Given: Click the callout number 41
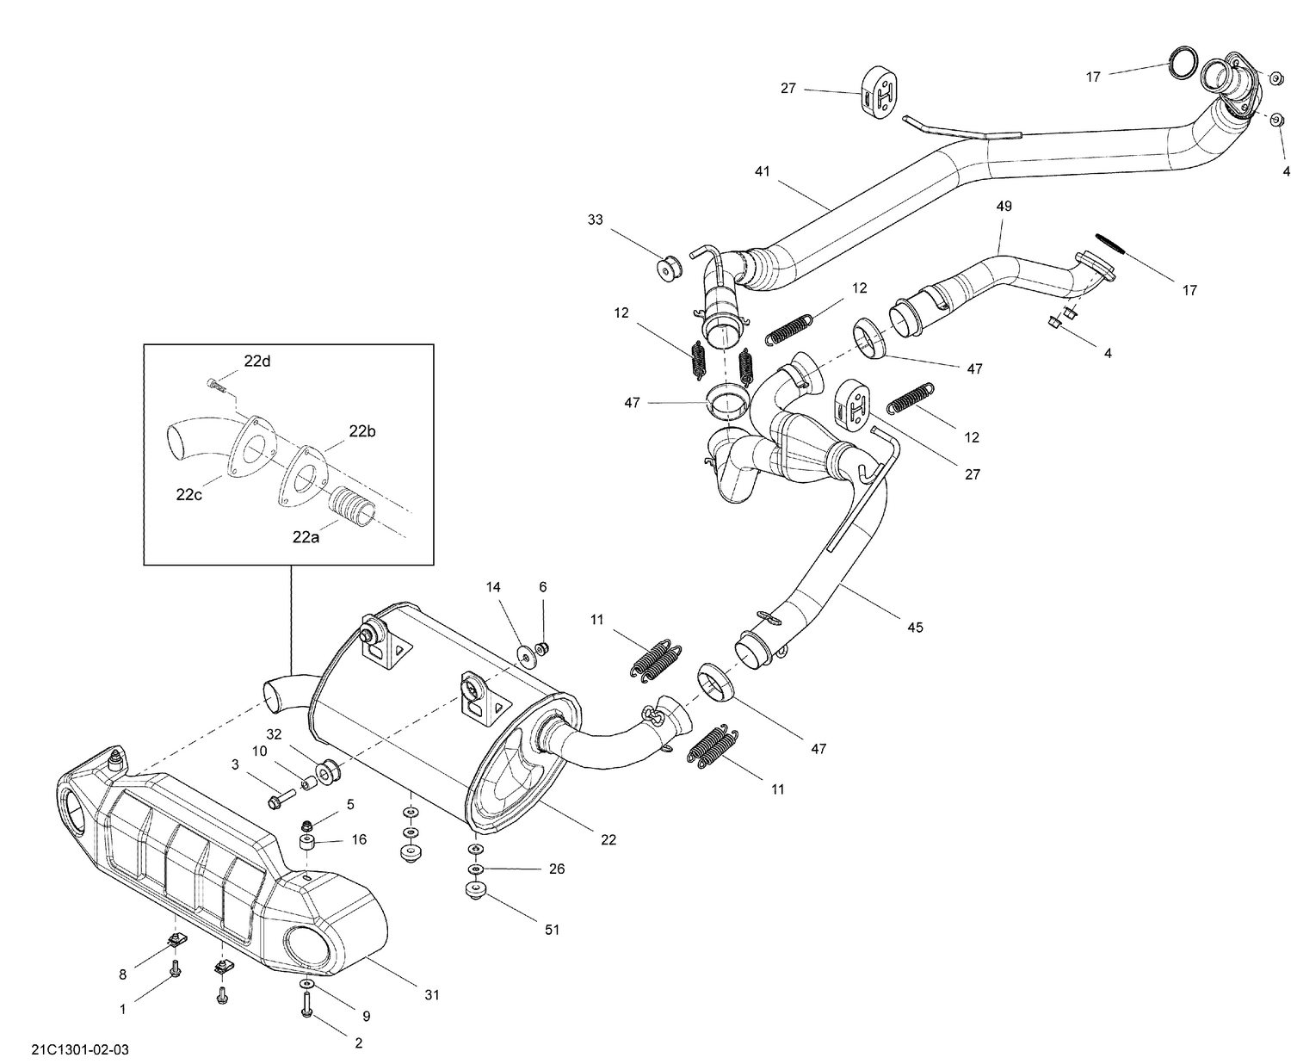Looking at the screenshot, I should click(x=762, y=171).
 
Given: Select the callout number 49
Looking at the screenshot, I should click(x=1004, y=207).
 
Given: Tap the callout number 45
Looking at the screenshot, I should click(x=915, y=628).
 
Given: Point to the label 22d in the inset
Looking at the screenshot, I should click(x=256, y=362).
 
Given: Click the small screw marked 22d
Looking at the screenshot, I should click(x=216, y=386).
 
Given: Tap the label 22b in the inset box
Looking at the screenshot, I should click(x=361, y=431).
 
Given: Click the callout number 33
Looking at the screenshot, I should click(x=596, y=220).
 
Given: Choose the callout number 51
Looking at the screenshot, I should click(x=552, y=930).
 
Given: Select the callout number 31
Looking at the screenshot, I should click(x=431, y=995).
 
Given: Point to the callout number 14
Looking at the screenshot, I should click(x=493, y=587).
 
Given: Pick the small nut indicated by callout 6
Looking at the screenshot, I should click(x=543, y=647).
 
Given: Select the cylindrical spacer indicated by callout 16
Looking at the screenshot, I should click(x=306, y=841).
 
